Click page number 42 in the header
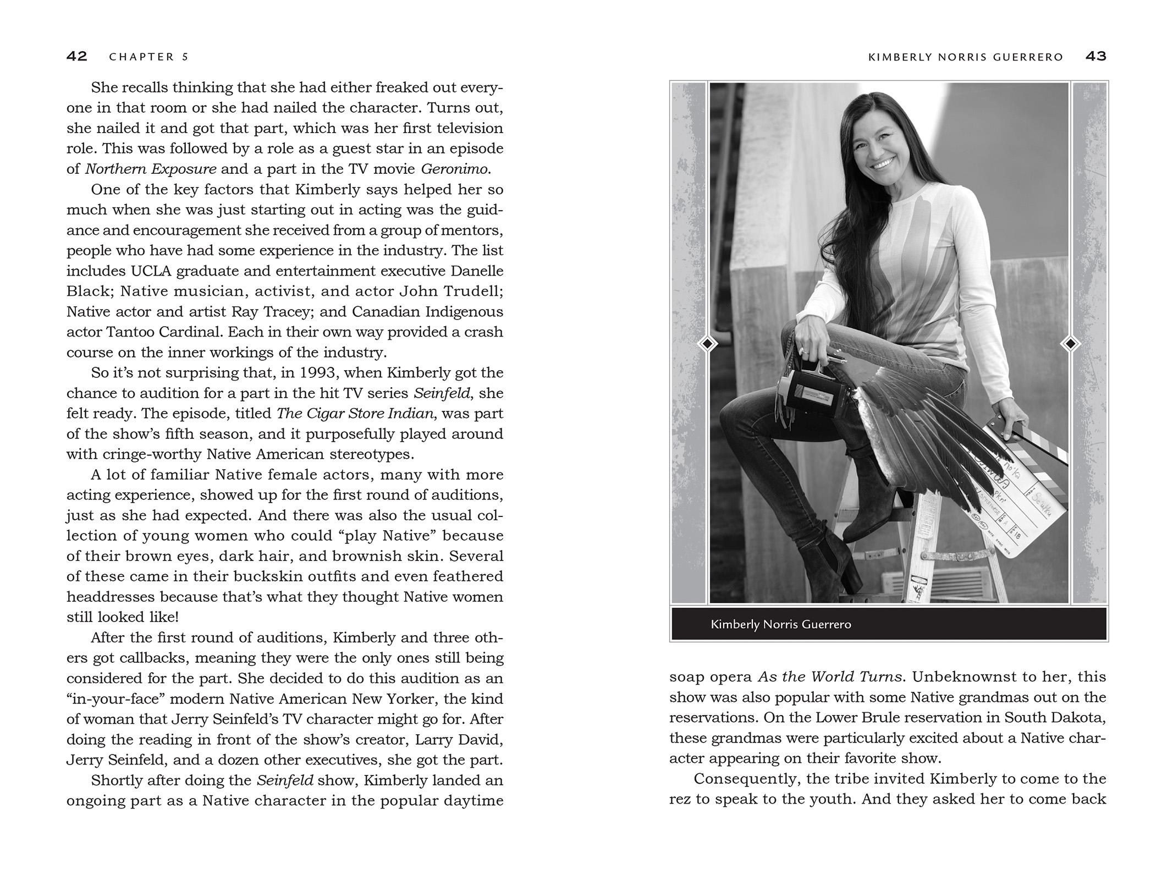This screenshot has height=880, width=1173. click(x=77, y=56)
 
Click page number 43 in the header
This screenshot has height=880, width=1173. click(x=1095, y=56)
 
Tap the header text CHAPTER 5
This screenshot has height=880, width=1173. click(x=149, y=57)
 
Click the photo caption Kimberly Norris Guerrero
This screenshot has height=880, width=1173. click(x=780, y=624)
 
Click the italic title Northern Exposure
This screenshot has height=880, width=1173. click(x=151, y=169)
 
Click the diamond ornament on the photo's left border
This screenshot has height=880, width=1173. click(x=707, y=344)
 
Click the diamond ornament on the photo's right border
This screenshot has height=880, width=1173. click(x=1070, y=344)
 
